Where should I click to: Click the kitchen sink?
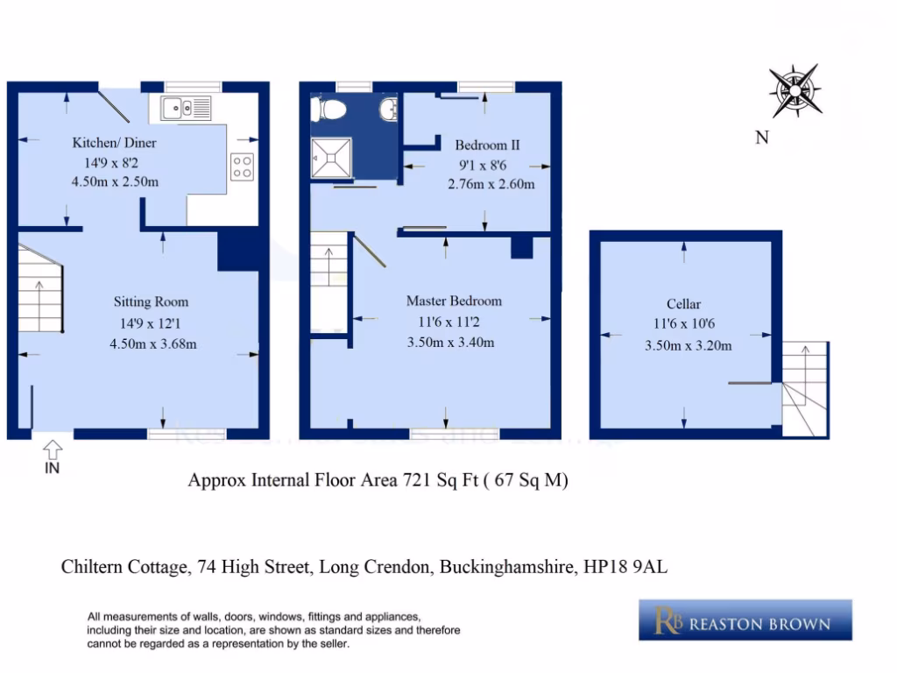tap(186, 109)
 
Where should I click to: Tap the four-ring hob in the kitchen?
tap(242, 166)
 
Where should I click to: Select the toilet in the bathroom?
tap(331, 109)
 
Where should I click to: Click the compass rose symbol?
tap(795, 90)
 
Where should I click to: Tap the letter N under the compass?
tap(762, 138)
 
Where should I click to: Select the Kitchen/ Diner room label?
tap(114, 143)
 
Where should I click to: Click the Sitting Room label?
tap(151, 302)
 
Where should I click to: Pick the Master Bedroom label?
tap(454, 301)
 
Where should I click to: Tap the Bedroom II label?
tap(487, 145)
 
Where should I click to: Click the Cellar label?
tap(683, 304)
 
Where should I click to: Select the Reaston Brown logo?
tap(745, 620)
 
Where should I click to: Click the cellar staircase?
tap(805, 389)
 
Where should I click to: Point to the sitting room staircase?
tap(39, 289)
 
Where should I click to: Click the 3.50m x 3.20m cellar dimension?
tap(688, 345)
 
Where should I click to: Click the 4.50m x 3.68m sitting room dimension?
tap(152, 343)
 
